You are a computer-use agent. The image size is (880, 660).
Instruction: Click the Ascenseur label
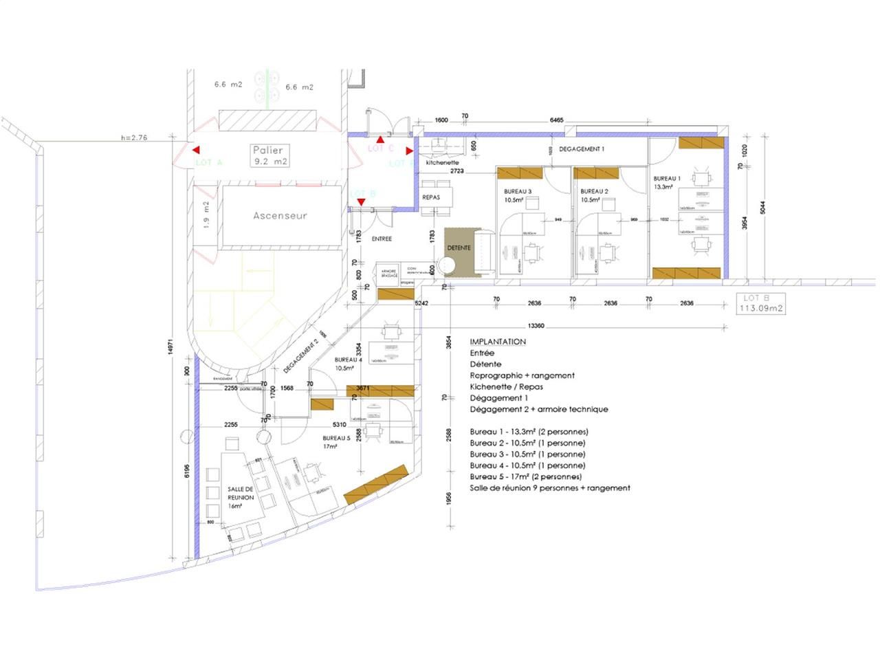pyautogui.click(x=280, y=215)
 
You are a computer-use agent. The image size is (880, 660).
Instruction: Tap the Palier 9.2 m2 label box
pyautogui.click(x=269, y=155)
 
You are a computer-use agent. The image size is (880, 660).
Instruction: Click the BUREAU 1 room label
pyautogui.click(x=667, y=182)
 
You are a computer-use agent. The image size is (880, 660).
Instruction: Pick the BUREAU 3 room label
pyautogui.click(x=517, y=195)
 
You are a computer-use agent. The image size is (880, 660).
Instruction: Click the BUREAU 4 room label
pyautogui.click(x=348, y=364)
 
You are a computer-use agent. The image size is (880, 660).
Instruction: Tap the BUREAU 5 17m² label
pyautogui.click(x=336, y=441)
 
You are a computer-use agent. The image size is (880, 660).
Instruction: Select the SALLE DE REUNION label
pyautogui.click(x=241, y=497)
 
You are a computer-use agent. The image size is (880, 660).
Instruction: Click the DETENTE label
pyautogui.click(x=459, y=247)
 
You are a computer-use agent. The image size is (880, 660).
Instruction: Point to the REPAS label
pyautogui.click(x=431, y=197)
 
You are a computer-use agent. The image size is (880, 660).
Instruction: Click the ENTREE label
pyautogui.click(x=382, y=239)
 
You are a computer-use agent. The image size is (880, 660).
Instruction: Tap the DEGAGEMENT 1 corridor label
pyautogui.click(x=582, y=148)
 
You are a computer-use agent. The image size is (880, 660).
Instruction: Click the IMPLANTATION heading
pyautogui.click(x=498, y=342)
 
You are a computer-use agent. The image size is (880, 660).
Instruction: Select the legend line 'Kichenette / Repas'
pyautogui.click(x=506, y=386)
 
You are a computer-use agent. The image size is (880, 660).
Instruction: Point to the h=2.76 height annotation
pyautogui.click(x=134, y=137)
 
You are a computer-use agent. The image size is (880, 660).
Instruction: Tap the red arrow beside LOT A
pyautogui.click(x=196, y=150)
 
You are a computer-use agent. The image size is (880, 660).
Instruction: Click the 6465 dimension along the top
pyautogui.click(x=556, y=120)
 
